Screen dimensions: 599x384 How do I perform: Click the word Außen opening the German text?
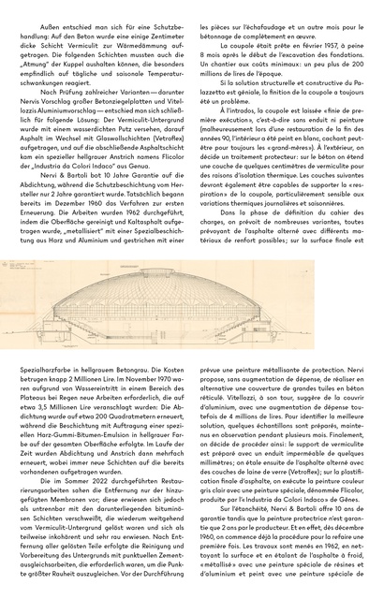pos(50,11)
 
